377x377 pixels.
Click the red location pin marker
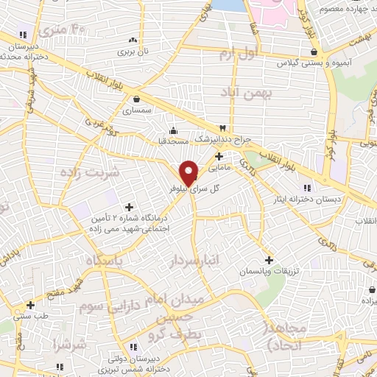[189, 172]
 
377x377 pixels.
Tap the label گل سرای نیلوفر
[214, 189]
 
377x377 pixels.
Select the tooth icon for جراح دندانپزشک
[222, 128]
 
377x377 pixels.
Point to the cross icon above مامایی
[218, 155]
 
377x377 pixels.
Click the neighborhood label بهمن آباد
[245, 93]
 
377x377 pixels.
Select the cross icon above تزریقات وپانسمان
[269, 260]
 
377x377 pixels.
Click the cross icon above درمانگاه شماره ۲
[130, 208]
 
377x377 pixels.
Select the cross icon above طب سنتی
[30, 304]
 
